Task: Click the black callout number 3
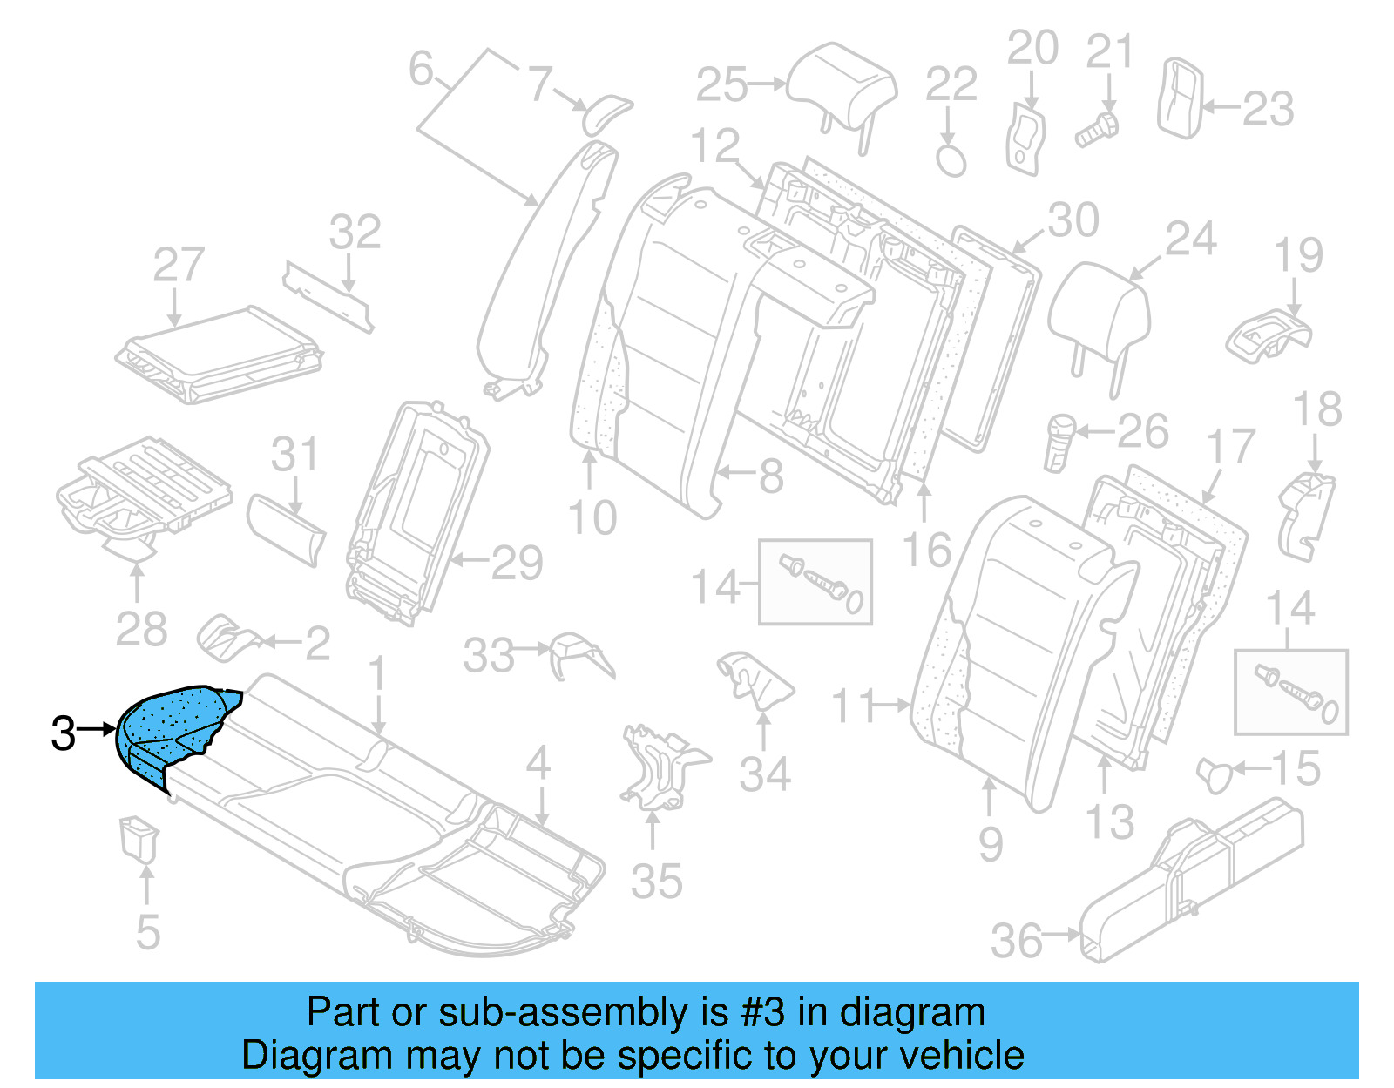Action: coord(63,733)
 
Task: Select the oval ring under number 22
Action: coord(951,160)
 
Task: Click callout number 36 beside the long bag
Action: coord(1016,941)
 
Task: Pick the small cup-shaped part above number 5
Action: coord(139,836)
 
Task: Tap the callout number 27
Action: coord(179,265)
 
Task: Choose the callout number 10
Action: coord(592,518)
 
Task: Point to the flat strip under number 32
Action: coord(328,294)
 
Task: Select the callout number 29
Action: coord(517,563)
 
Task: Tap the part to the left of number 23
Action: coord(1180,98)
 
